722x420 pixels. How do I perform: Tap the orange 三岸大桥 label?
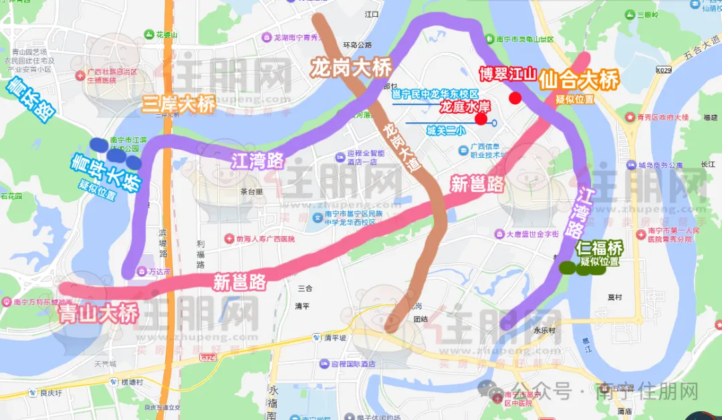click(178, 104)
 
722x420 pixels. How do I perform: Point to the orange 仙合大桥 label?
click(579, 81)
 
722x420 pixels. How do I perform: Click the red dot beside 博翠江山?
click(515, 99)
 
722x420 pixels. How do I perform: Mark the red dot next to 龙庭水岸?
click(481, 120)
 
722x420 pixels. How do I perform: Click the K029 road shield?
click(663, 70)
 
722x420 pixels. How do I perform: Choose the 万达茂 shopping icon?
click(142, 271)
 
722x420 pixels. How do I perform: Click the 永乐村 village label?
click(527, 330)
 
